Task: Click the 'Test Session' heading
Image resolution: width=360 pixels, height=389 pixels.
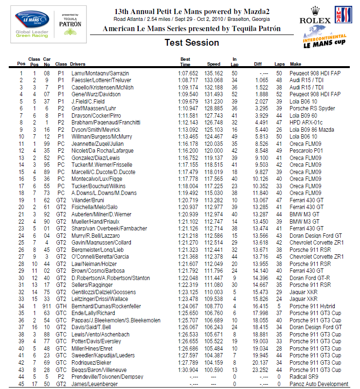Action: pos(192,42)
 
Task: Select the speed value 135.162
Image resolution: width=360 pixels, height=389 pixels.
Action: pos(214,73)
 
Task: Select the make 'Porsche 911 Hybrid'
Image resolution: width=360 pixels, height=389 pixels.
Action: pos(314,306)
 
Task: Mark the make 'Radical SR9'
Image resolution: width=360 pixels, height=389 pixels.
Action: pos(305,377)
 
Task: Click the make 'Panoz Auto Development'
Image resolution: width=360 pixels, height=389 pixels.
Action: pos(319,384)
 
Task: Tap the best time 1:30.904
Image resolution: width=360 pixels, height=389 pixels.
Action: pos(188,370)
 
